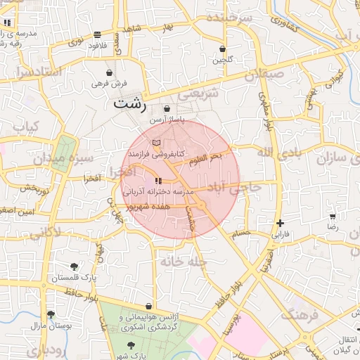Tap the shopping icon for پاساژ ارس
click(167, 109)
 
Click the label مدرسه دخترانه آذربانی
click(155, 191)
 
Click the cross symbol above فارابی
click(280, 223)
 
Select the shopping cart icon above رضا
click(333, 217)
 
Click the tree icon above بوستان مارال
click(50, 314)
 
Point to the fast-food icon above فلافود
click(97, 34)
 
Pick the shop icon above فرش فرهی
click(109, 72)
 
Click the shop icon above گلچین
click(223, 49)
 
